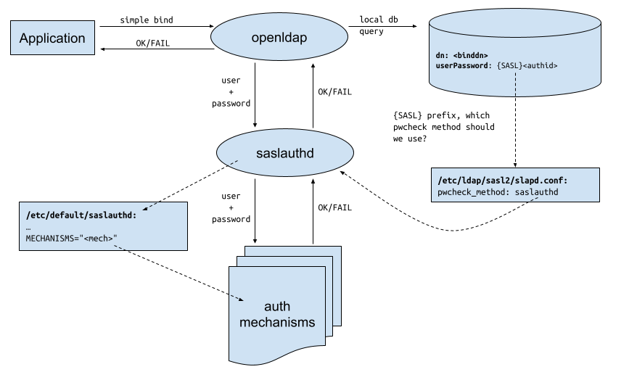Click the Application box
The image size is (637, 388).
[x=52, y=38]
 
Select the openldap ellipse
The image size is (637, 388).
[x=279, y=36]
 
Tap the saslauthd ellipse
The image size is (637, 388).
[x=284, y=153]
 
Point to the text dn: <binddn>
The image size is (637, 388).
[x=461, y=55]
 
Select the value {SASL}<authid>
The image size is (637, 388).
[x=527, y=66]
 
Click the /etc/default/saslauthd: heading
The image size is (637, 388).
[x=81, y=215]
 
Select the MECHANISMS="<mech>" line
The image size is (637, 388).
[x=71, y=238]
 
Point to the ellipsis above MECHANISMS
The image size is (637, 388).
[x=29, y=227]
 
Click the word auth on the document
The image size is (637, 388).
[x=277, y=306]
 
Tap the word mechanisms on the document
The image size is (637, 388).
[x=277, y=322]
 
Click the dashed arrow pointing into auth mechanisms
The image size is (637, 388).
[x=237, y=297]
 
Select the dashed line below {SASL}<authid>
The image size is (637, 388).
[x=515, y=85]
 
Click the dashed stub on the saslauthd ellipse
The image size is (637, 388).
[x=234, y=162]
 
